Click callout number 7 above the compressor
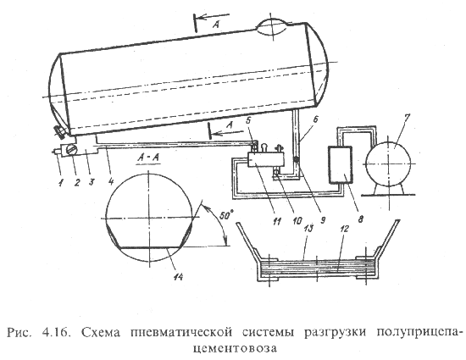point(406,118)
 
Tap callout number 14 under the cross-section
point(178,276)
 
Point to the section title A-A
point(148,158)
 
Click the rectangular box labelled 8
point(341,165)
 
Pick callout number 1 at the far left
point(61,183)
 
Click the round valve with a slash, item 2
point(71,149)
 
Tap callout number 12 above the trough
point(346,229)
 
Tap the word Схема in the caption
point(100,332)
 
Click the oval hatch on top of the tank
point(273,27)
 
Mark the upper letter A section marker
point(216,25)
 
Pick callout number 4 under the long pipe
point(110,181)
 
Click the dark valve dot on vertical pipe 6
point(297,160)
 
